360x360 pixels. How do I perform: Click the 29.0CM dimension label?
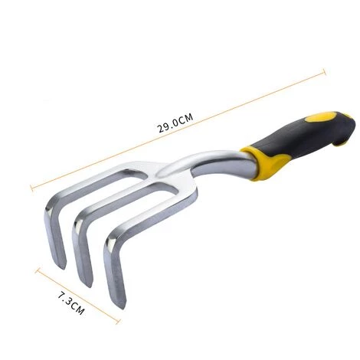pos(176,123)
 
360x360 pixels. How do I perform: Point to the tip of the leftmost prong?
pos(63,267)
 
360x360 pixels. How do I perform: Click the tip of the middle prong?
pos(89,286)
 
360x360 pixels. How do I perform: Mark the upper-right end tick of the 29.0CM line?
pos(325,72)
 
